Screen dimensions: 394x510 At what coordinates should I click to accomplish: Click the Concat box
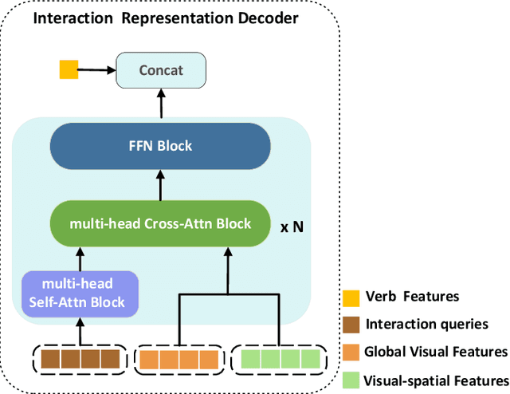click(161, 70)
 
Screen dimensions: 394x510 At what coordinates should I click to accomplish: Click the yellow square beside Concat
click(69, 70)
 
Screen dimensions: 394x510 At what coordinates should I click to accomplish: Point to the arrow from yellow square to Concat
click(96, 70)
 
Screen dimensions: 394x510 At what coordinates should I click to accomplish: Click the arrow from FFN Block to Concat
click(162, 104)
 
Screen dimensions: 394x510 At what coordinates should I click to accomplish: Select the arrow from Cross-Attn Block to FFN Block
click(162, 185)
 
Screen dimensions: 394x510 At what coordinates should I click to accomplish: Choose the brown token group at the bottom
click(80, 358)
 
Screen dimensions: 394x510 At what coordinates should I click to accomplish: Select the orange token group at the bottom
click(177, 358)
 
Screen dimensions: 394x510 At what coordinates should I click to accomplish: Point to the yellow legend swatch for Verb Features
click(349, 297)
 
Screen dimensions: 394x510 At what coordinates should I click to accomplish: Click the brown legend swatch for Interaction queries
click(349, 325)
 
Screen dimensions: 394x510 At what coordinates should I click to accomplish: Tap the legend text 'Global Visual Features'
click(435, 352)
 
